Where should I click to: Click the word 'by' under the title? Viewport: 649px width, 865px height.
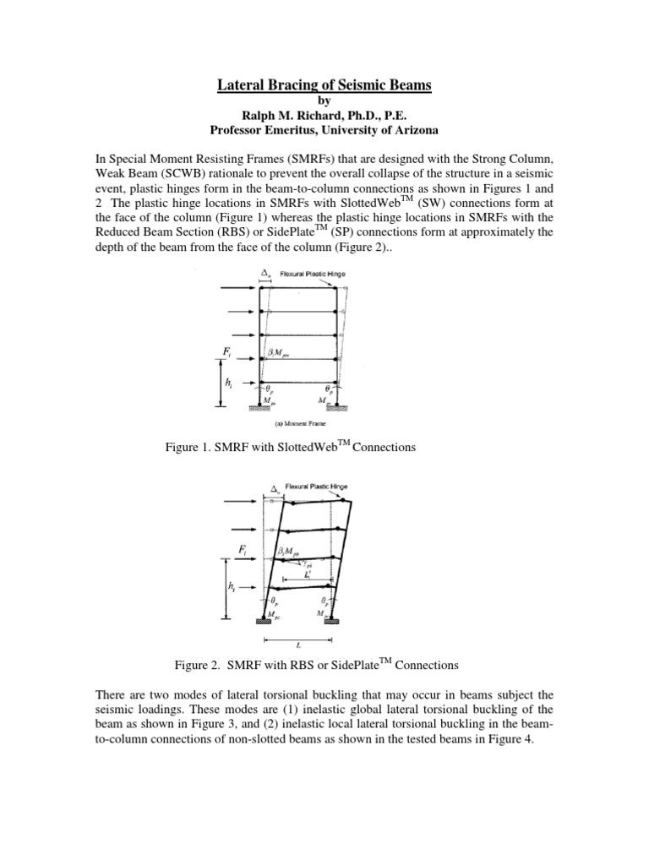325,100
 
